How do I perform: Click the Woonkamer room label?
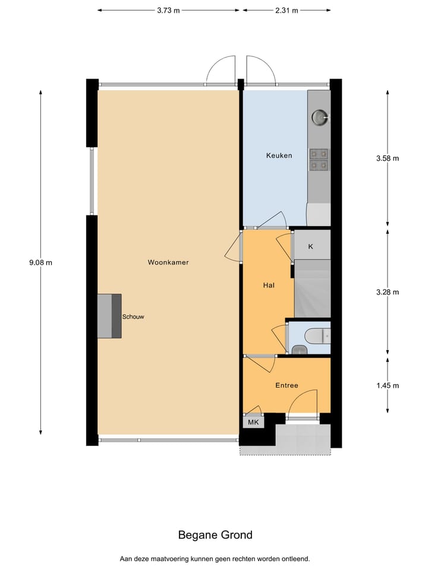[x=168, y=262]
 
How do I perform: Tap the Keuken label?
[x=279, y=156]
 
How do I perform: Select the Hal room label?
[x=269, y=285]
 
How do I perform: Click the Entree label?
[x=287, y=385]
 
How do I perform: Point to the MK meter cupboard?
[x=253, y=422]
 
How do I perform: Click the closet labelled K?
[x=311, y=246]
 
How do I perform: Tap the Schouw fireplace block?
[x=109, y=316]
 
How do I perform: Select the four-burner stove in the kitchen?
[x=319, y=159]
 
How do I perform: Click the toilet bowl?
[x=313, y=337]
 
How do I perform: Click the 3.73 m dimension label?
[x=168, y=10]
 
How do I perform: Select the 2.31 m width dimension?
[x=287, y=10]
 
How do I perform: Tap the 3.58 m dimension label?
[x=388, y=158]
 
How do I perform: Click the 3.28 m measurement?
[x=388, y=292]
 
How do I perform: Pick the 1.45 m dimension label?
[x=388, y=385]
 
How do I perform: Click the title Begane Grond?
[x=215, y=535]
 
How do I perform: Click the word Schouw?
[x=133, y=316]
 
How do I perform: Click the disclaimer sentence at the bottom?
[x=215, y=559]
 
